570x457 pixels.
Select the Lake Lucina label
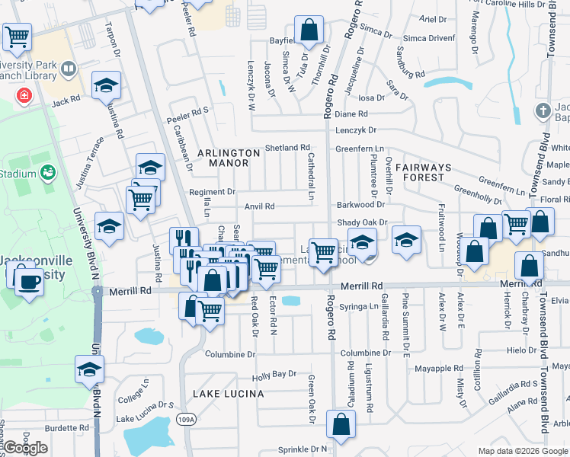tap(228, 394)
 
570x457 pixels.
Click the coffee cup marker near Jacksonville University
tap(29, 280)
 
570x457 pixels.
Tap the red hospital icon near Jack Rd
tap(24, 96)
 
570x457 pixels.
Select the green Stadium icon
tap(48, 173)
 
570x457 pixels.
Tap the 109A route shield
tap(183, 418)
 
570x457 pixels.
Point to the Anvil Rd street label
tap(259, 206)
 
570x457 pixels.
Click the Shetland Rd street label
tap(287, 148)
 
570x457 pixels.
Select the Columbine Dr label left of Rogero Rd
tap(231, 354)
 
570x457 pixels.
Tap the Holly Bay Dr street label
tap(274, 375)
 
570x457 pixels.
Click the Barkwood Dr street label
tap(360, 204)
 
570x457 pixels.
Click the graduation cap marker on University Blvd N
tap(89, 369)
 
